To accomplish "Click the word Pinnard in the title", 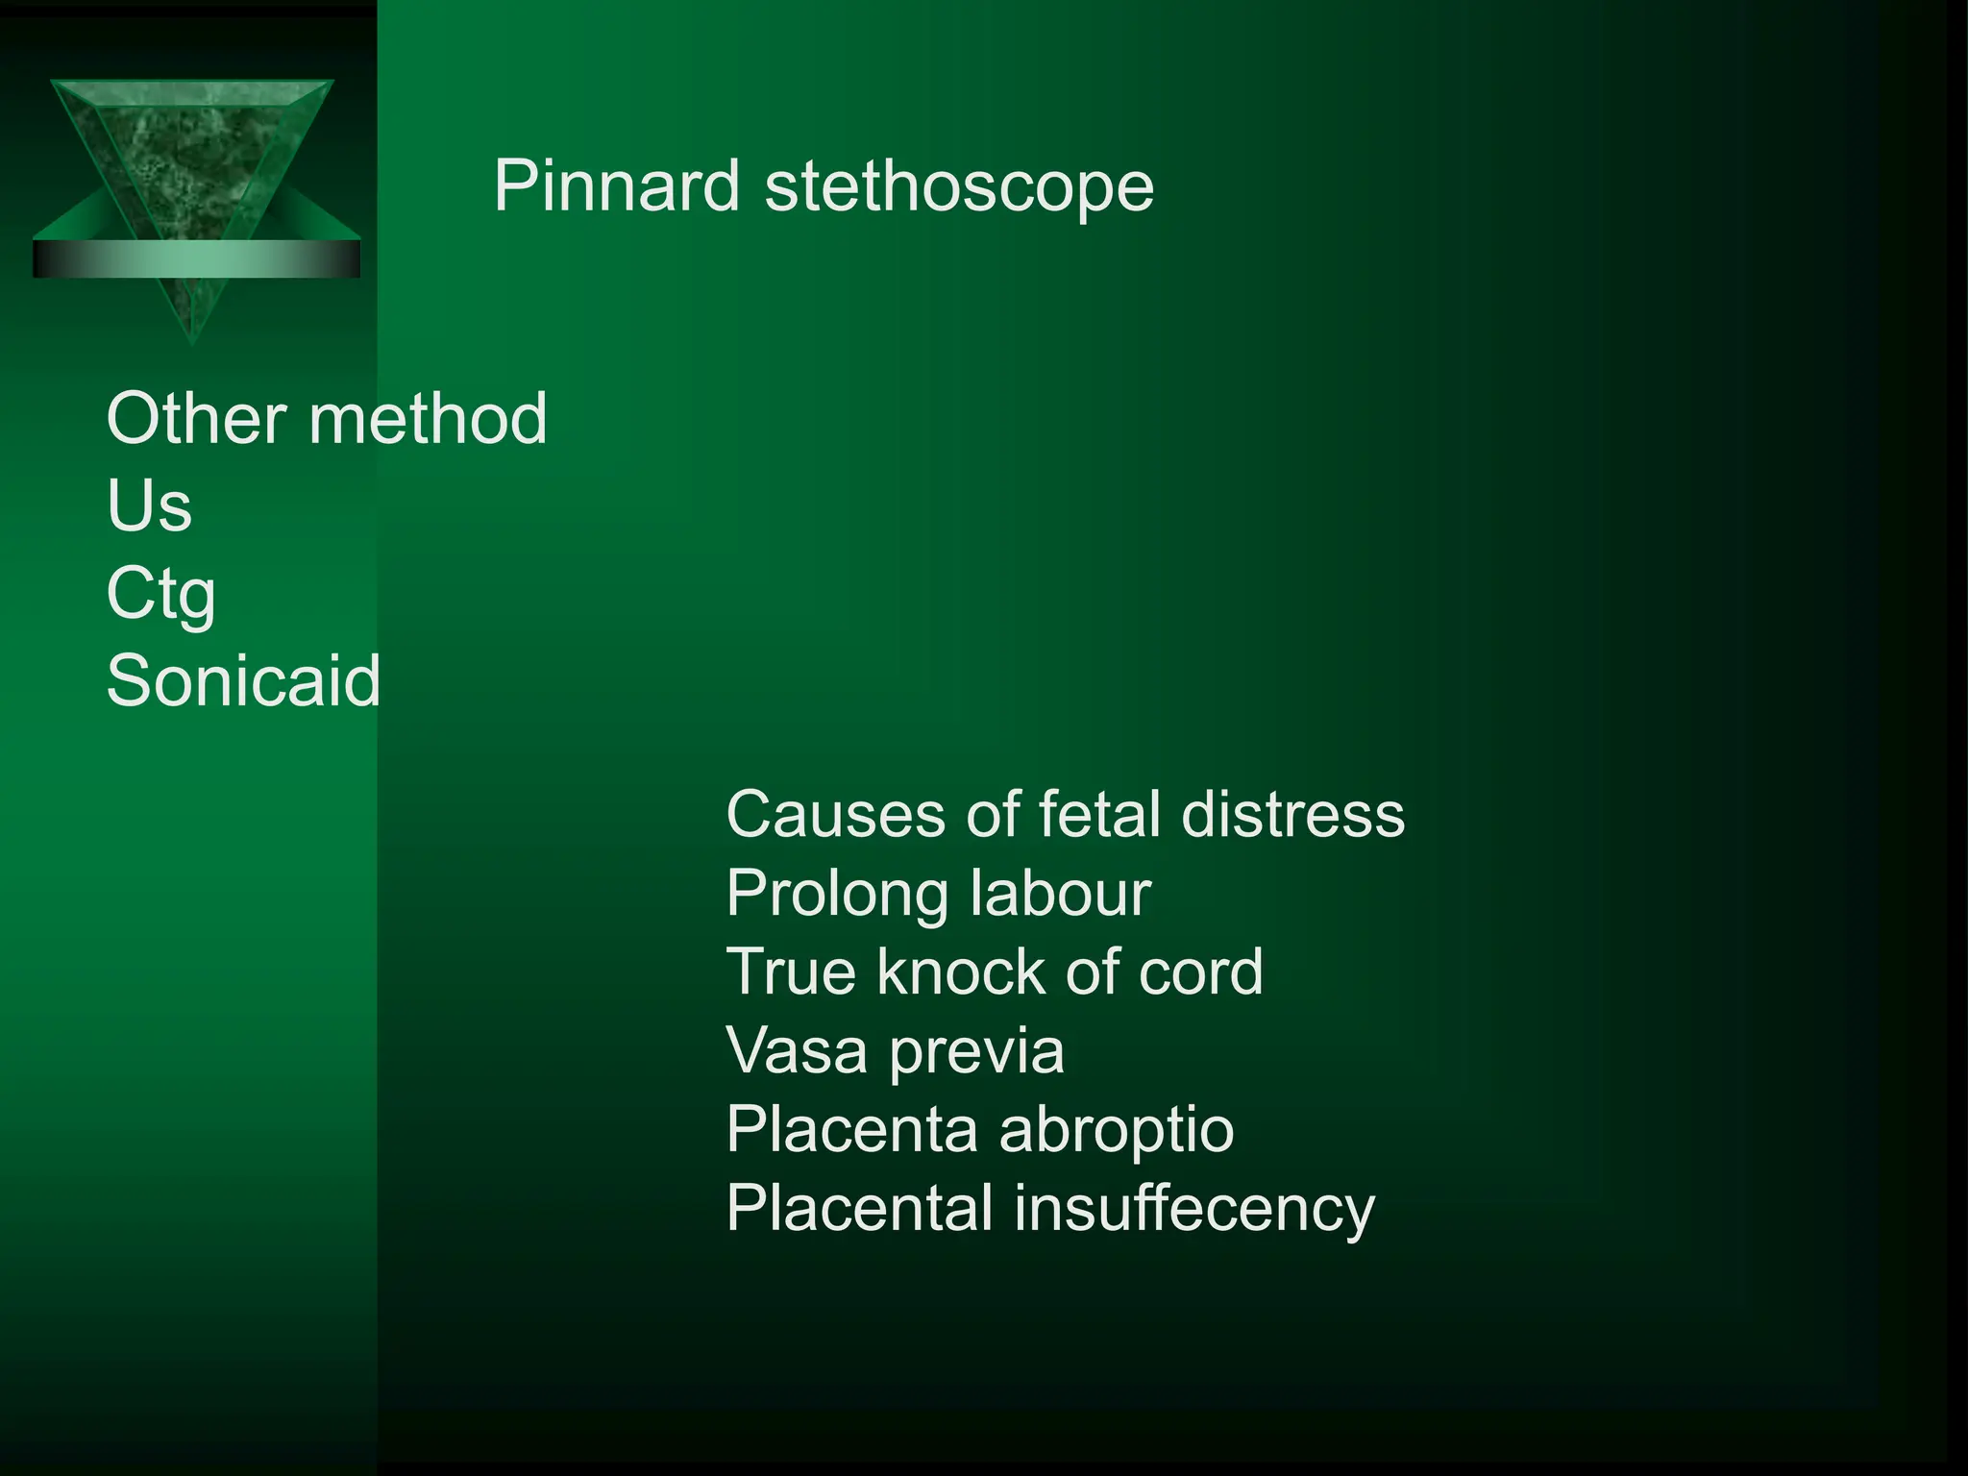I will (617, 185).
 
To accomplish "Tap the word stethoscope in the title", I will (959, 187).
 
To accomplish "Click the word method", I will (428, 419).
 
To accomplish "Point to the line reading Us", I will (149, 505).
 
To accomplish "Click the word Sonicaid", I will (244, 680).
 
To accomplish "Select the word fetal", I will (1100, 815).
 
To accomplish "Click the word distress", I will (1292, 815).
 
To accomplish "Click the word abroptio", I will (1117, 1131).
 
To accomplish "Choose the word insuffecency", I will (1194, 1209).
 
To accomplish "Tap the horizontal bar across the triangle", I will (196, 258).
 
